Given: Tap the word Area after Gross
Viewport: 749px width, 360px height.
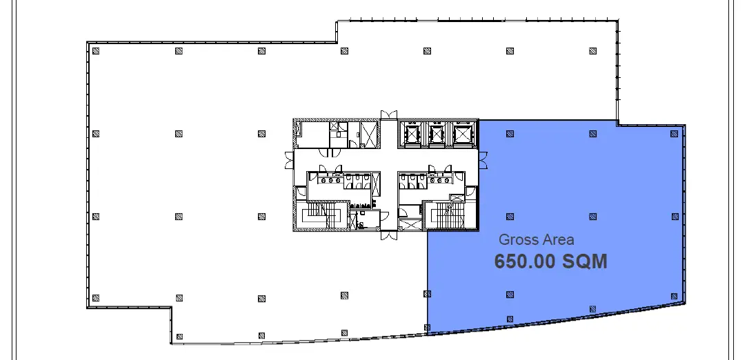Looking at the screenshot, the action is click(x=557, y=240).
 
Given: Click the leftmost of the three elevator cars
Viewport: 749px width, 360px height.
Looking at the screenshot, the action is click(x=412, y=134).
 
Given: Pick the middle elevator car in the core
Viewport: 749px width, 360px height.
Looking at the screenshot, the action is click(x=437, y=134).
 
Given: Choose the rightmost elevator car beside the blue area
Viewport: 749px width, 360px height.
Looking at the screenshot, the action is click(x=462, y=134).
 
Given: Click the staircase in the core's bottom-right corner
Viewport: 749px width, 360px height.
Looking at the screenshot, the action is click(x=449, y=215).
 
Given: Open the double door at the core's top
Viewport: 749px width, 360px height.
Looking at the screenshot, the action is click(x=388, y=115).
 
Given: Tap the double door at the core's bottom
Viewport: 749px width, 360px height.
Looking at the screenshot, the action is click(x=388, y=235).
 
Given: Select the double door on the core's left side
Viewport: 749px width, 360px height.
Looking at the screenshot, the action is click(x=289, y=161).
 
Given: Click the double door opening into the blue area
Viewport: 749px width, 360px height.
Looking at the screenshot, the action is click(x=483, y=161).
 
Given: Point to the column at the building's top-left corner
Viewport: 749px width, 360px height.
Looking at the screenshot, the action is click(x=96, y=51).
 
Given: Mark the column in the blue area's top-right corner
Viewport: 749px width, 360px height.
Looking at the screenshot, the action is click(x=675, y=134).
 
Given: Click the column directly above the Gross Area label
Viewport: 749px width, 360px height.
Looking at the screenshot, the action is click(x=510, y=217).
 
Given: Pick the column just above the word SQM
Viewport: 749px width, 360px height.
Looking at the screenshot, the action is click(x=593, y=217).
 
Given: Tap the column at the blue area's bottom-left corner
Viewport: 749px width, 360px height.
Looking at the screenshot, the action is click(x=428, y=328).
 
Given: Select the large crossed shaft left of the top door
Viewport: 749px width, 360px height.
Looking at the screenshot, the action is click(x=368, y=134).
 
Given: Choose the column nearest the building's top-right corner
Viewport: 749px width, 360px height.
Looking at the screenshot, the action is click(x=593, y=51).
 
